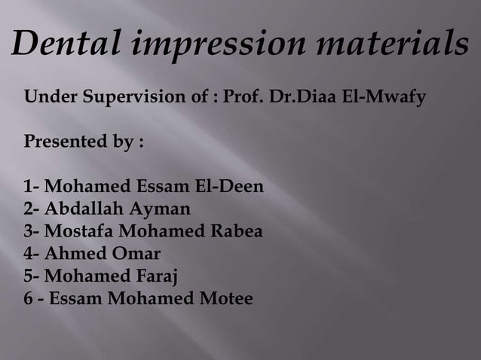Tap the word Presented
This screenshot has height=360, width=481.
[68, 142]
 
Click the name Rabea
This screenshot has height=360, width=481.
[236, 230]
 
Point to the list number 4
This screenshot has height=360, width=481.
[29, 253]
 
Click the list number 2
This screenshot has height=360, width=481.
[29, 208]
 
